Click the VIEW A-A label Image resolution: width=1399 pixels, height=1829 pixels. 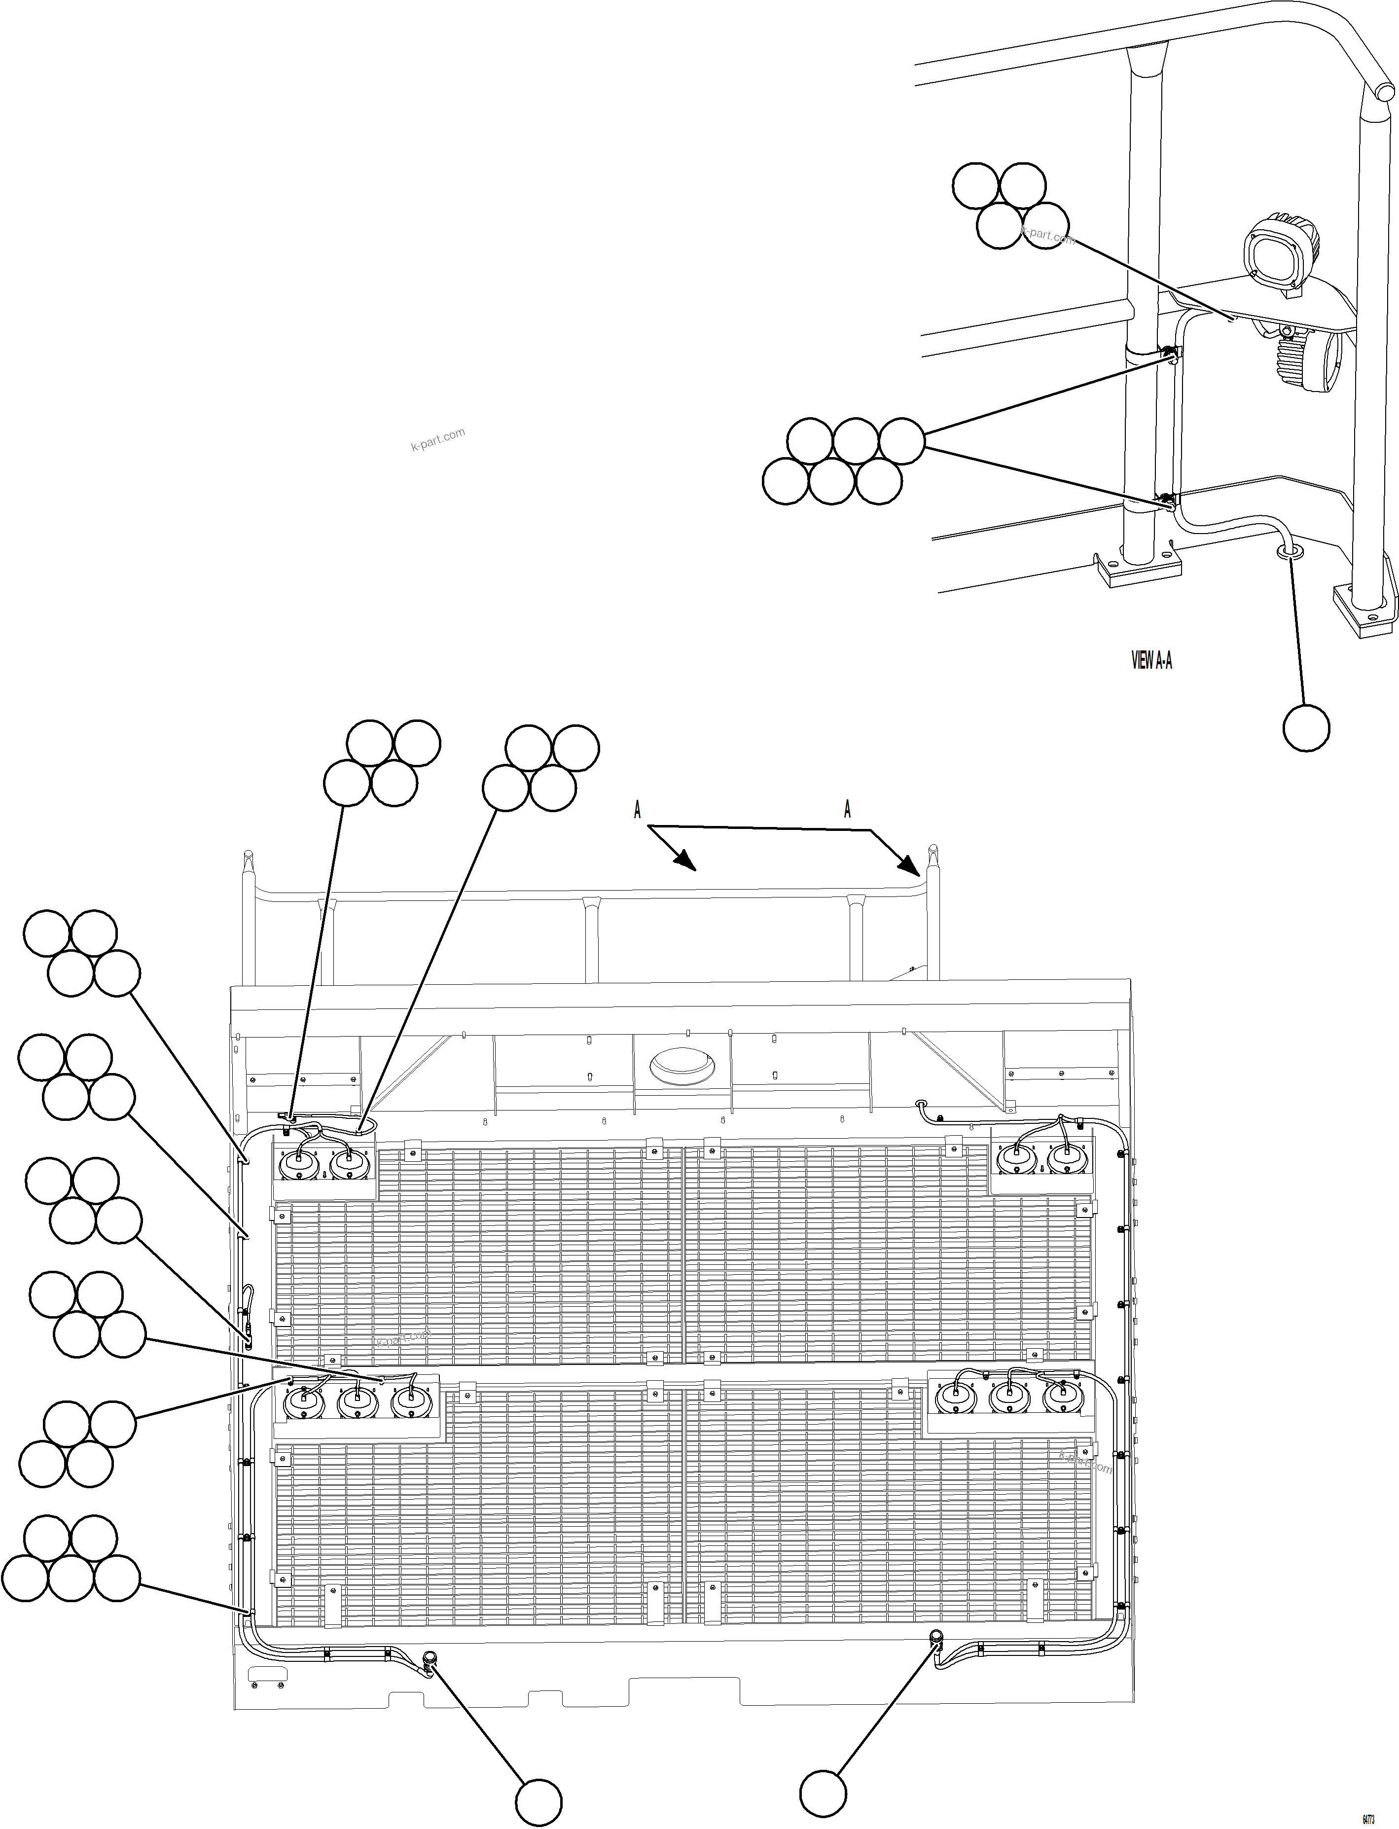pos(1151,661)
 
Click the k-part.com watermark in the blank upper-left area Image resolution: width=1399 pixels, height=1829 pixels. pos(438,439)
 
